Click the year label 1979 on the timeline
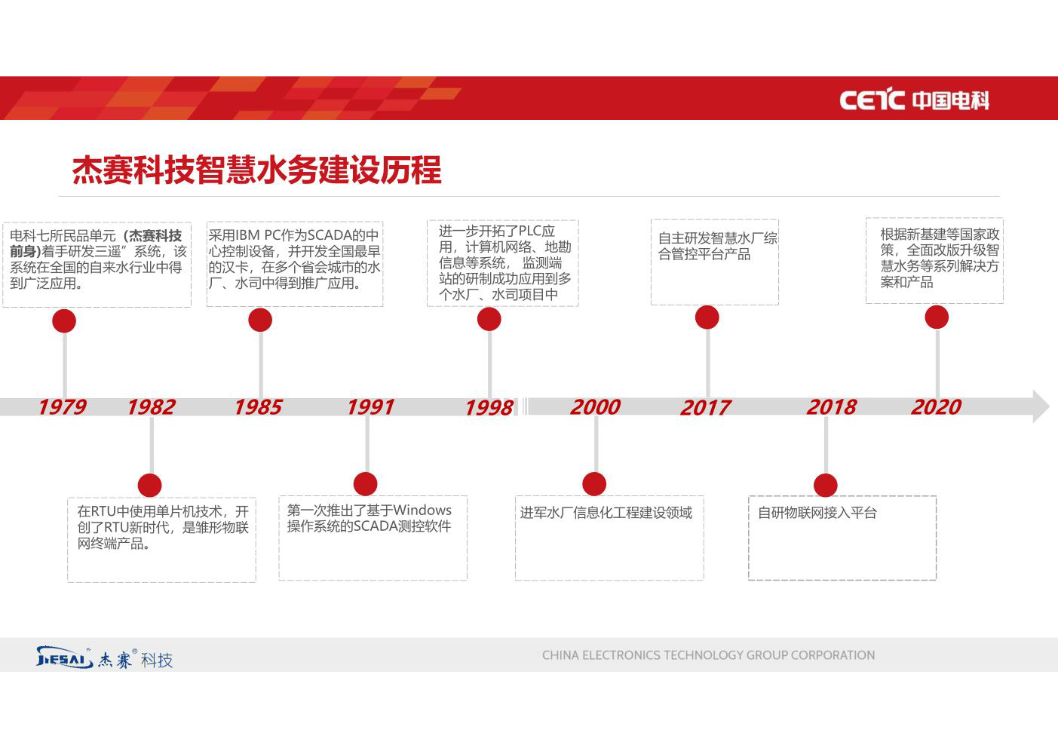(63, 407)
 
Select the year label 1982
(152, 407)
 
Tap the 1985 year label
(259, 407)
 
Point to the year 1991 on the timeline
(371, 407)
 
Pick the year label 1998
(489, 408)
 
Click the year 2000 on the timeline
(595, 407)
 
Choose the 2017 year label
(706, 408)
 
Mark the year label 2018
(831, 407)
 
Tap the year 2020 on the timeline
(936, 407)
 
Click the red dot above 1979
(64, 321)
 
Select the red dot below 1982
(150, 485)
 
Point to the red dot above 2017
(707, 317)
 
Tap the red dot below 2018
(826, 485)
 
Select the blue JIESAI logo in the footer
(64, 658)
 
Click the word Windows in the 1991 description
(422, 510)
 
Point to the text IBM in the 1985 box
(247, 235)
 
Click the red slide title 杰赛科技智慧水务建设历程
(257, 170)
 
